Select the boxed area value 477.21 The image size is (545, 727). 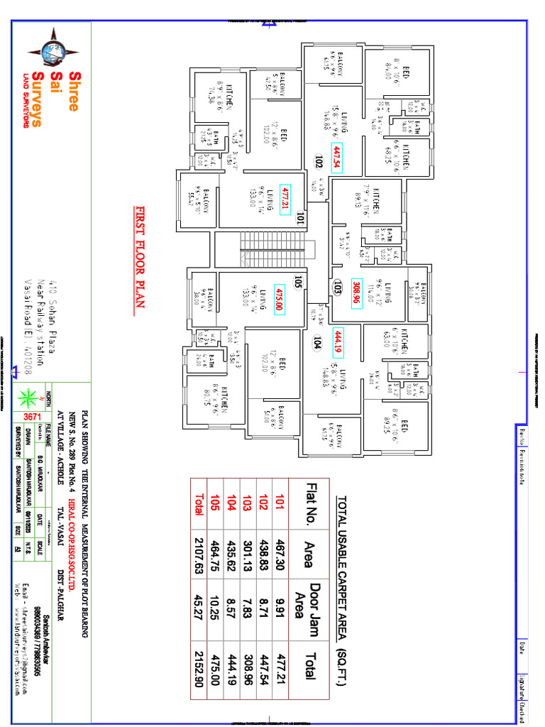tap(286, 199)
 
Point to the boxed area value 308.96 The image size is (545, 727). tap(357, 290)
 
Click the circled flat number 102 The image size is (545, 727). tap(319, 160)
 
